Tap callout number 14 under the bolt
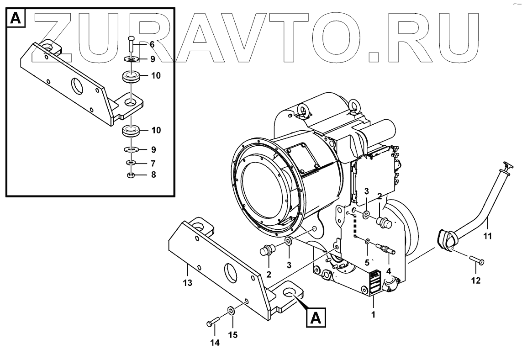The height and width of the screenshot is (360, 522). coord(215,343)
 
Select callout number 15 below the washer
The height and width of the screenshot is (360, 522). coord(233,335)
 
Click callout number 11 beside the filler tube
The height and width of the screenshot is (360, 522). coord(488,236)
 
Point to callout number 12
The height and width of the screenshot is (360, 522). coord(476,281)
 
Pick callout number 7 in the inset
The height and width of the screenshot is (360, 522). coord(153,163)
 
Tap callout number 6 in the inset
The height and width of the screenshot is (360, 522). coord(152,45)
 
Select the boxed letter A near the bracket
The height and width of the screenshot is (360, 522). coord(316,317)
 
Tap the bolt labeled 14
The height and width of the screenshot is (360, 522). coord(212,323)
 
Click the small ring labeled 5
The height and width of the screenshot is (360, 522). coord(368,241)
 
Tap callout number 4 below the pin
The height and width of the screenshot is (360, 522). coord(388,270)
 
